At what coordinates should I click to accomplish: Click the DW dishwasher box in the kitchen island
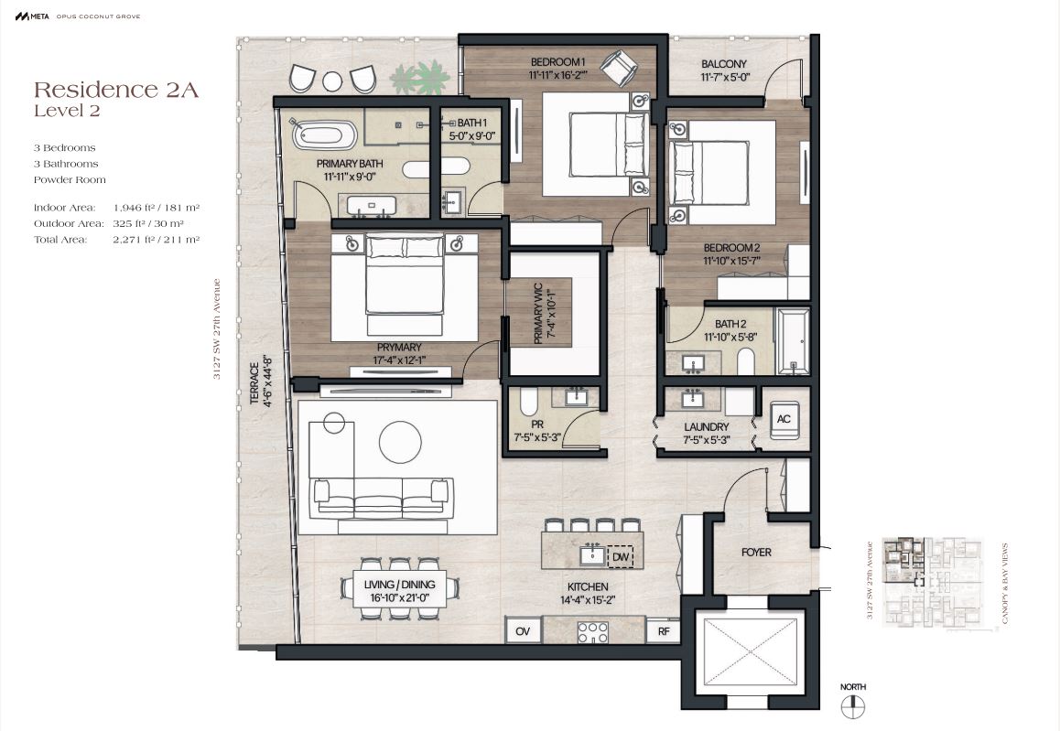621,556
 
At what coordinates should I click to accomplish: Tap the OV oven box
523,631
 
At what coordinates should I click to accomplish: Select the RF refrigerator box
663,631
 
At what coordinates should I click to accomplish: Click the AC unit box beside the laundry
784,419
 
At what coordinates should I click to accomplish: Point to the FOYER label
756,552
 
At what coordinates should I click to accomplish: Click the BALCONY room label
724,64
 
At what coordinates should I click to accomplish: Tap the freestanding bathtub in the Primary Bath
324,135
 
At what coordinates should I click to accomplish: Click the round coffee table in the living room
400,443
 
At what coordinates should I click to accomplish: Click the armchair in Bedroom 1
619,68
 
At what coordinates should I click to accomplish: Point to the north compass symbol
853,706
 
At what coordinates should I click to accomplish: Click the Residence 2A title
116,90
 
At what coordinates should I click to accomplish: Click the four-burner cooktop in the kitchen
592,631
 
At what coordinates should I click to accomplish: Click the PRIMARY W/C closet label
538,313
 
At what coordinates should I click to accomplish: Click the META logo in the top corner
32,16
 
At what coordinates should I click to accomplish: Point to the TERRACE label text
254,383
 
